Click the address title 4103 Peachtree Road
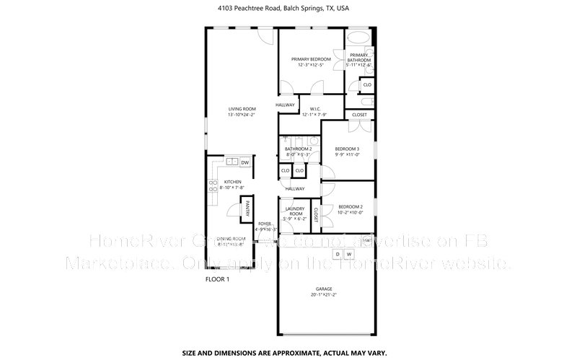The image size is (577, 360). (x=288, y=8)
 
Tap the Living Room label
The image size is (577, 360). (x=242, y=109)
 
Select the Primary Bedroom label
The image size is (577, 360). (x=311, y=59)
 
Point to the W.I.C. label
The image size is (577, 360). (x=314, y=109)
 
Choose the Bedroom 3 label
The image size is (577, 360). (x=347, y=149)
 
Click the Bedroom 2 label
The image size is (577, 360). (x=351, y=207)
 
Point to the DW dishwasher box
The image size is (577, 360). (x=245, y=162)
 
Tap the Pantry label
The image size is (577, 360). (x=246, y=209)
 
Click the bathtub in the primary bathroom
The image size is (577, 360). (x=358, y=38)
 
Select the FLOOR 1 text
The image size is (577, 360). (x=217, y=279)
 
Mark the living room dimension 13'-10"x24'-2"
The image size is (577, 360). (x=242, y=115)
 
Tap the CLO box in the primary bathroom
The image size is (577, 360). (x=366, y=85)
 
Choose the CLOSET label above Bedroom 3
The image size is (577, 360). (x=359, y=115)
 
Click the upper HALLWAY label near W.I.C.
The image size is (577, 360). (x=286, y=105)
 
